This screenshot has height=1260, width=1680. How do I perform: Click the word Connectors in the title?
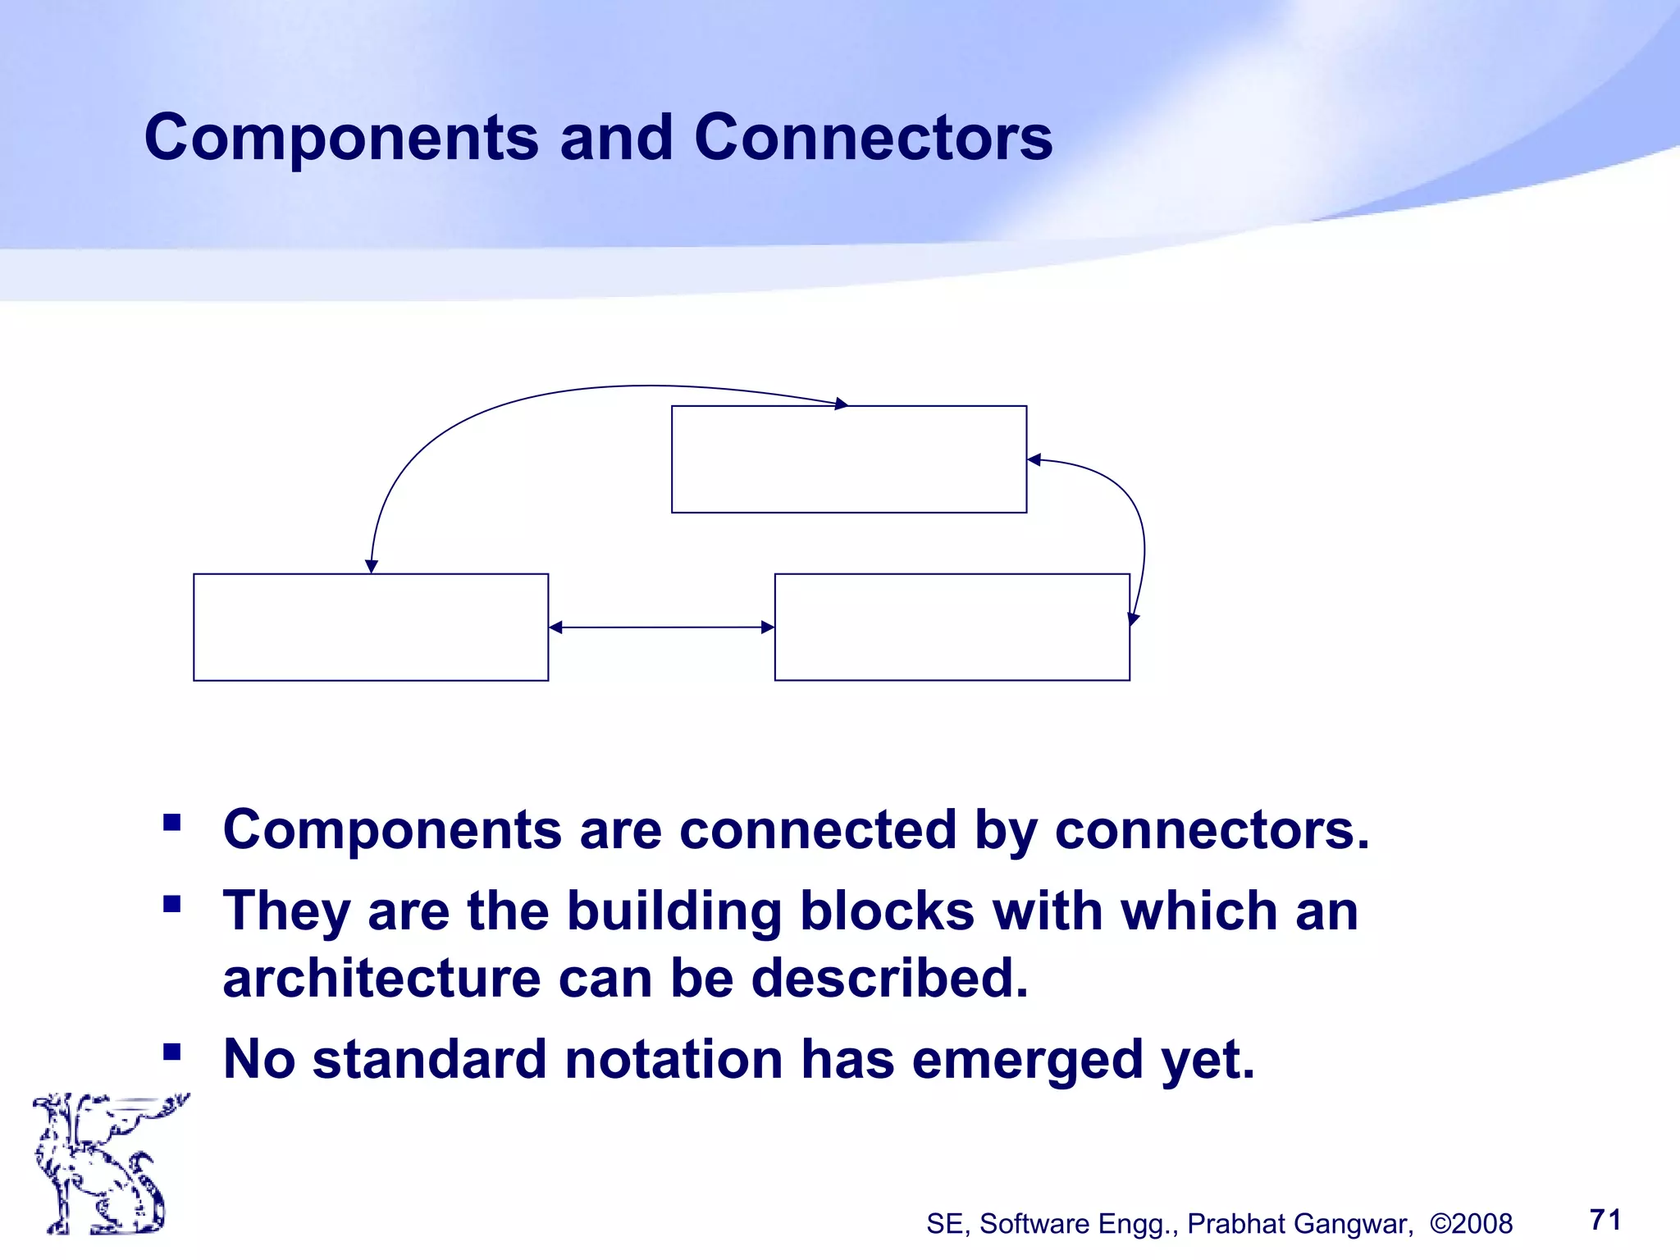[x=873, y=138]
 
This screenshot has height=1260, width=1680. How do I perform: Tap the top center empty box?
[x=849, y=459]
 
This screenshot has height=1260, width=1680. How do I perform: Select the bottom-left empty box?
[x=371, y=628]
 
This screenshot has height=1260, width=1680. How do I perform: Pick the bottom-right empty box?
[x=952, y=628]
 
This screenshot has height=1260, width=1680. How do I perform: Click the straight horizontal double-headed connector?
[x=661, y=628]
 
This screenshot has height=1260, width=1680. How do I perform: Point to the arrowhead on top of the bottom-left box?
[x=372, y=566]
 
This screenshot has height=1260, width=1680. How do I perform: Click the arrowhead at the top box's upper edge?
[x=841, y=404]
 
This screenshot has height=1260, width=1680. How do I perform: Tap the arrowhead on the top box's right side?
[x=1034, y=460]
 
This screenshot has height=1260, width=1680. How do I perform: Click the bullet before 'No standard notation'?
[x=171, y=1052]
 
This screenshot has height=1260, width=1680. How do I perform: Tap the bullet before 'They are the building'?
[x=171, y=904]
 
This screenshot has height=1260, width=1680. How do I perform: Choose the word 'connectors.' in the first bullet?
[x=1212, y=830]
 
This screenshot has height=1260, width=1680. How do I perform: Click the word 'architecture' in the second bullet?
[x=381, y=979]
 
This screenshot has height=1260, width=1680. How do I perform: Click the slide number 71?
[x=1605, y=1220]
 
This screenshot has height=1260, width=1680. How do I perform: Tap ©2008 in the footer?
[x=1471, y=1224]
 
